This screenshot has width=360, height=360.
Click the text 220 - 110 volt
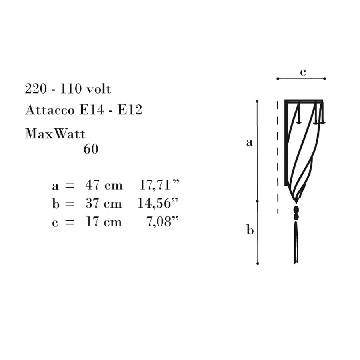click(68, 89)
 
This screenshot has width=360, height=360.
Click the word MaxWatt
click(55, 134)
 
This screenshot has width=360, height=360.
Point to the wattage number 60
click(91, 149)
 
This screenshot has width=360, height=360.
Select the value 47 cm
click(104, 185)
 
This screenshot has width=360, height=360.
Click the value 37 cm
click(104, 203)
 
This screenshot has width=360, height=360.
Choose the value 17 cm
click(104, 222)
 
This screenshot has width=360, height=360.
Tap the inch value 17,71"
click(159, 185)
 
